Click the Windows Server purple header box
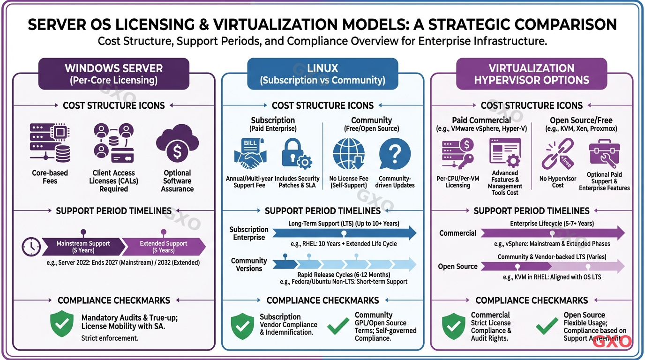click(x=113, y=74)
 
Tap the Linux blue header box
click(x=322, y=74)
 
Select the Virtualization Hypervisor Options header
click(x=531, y=74)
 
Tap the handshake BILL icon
click(x=249, y=154)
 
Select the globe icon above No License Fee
click(x=348, y=154)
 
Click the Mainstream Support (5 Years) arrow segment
click(x=83, y=247)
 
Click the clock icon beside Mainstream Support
click(x=31, y=247)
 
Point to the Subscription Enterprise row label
click(x=249, y=233)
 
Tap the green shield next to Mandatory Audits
click(x=62, y=324)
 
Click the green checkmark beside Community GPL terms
click(x=338, y=326)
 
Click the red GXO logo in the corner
click(x=612, y=341)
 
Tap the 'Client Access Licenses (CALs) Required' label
click(x=113, y=181)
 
